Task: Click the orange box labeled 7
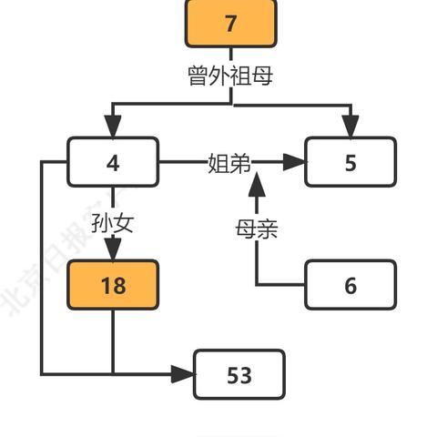click(x=230, y=23)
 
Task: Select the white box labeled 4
click(x=113, y=163)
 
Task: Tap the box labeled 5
click(x=351, y=163)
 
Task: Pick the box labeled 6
click(x=351, y=285)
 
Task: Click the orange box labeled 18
click(x=113, y=285)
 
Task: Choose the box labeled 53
click(x=239, y=374)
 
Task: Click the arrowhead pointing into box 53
click(x=185, y=374)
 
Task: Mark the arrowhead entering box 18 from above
click(x=113, y=250)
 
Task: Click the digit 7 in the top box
click(x=230, y=23)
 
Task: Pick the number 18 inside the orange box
click(x=113, y=285)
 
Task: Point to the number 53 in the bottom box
click(x=239, y=374)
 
